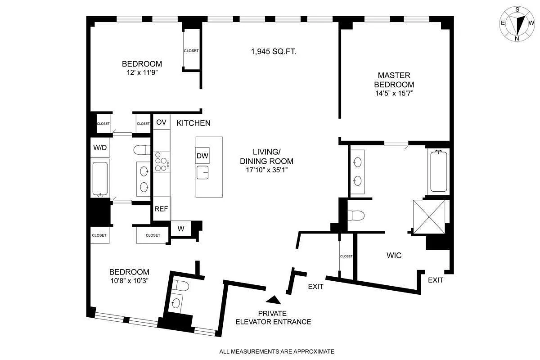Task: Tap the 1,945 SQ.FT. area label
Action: (x=273, y=51)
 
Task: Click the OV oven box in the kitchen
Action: (x=161, y=122)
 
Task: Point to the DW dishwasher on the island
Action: (x=202, y=156)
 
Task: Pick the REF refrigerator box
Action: (x=161, y=209)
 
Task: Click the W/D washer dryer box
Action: (x=100, y=147)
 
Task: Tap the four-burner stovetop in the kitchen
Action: (x=161, y=162)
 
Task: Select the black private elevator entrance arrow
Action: (x=273, y=299)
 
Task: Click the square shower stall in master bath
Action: (x=429, y=217)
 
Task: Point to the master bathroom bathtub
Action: (x=438, y=171)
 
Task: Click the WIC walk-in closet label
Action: (x=394, y=255)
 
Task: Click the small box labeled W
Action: (x=181, y=228)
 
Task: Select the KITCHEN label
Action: (x=193, y=123)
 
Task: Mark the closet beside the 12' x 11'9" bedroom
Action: (x=191, y=50)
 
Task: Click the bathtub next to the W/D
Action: (x=99, y=178)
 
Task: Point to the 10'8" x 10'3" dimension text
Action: (x=129, y=280)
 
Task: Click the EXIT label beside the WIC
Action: (x=435, y=280)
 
